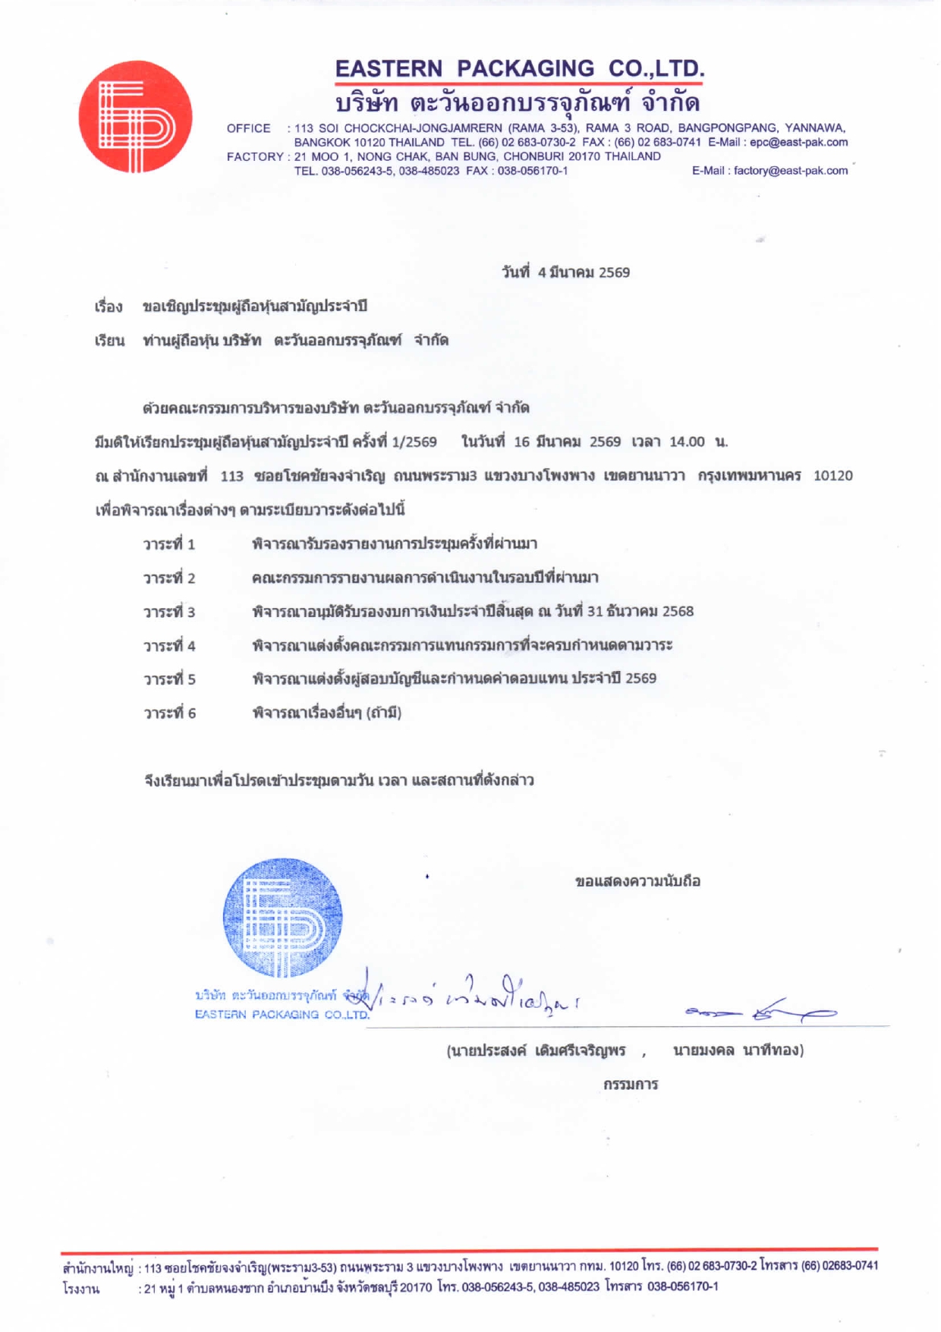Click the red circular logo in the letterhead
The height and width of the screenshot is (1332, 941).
(135, 117)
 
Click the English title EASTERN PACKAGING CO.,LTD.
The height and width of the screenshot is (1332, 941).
(520, 69)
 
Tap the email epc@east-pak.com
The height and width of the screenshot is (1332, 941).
(798, 142)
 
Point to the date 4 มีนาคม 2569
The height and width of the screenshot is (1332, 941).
(584, 272)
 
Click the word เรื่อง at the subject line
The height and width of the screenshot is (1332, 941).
(109, 307)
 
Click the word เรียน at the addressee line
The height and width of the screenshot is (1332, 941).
(109, 341)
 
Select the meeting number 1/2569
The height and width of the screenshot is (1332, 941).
(414, 442)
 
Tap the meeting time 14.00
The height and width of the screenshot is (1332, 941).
(687, 442)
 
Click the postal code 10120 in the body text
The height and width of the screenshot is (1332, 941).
(832, 476)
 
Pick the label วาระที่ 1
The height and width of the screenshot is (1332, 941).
(169, 544)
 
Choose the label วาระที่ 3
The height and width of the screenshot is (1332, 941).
(169, 612)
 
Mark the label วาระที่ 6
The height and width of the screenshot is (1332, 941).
(169, 713)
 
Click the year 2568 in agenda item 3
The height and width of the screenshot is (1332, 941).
(678, 612)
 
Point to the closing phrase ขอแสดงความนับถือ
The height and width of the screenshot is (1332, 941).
(637, 882)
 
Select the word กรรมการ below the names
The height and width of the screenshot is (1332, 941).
(631, 1085)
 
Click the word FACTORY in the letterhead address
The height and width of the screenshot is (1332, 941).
(254, 156)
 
